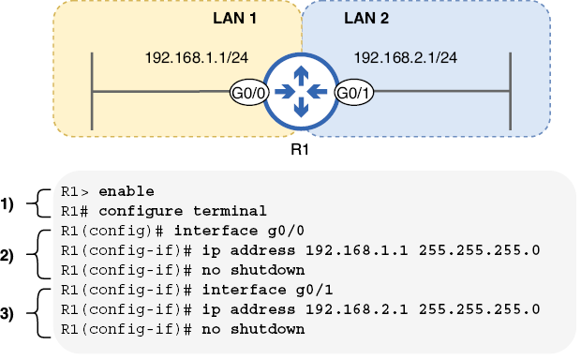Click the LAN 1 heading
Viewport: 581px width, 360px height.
point(234,18)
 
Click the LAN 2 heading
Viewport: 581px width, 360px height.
point(366,18)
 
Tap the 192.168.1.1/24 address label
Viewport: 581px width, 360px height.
point(197,58)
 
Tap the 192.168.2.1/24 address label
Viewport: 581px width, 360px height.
point(406,58)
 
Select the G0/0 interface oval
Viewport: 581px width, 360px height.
point(248,93)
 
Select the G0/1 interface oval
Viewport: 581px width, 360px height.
point(354,93)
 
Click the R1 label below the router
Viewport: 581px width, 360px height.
point(300,149)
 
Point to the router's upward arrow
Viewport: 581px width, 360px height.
point(301,76)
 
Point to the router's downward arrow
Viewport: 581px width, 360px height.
point(301,107)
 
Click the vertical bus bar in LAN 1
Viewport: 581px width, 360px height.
point(92,91)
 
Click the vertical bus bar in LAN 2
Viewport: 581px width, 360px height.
point(510,91)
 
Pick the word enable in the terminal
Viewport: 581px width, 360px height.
point(127,191)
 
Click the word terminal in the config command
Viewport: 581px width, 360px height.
point(230,211)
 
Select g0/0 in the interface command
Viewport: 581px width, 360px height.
point(286,231)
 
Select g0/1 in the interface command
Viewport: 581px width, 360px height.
point(314,290)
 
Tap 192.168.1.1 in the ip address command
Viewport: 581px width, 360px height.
point(357,250)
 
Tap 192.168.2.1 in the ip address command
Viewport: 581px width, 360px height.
point(357,309)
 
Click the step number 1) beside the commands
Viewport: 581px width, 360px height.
point(7,204)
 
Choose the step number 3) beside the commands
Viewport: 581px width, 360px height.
point(7,314)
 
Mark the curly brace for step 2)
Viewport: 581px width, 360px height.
point(38,254)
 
